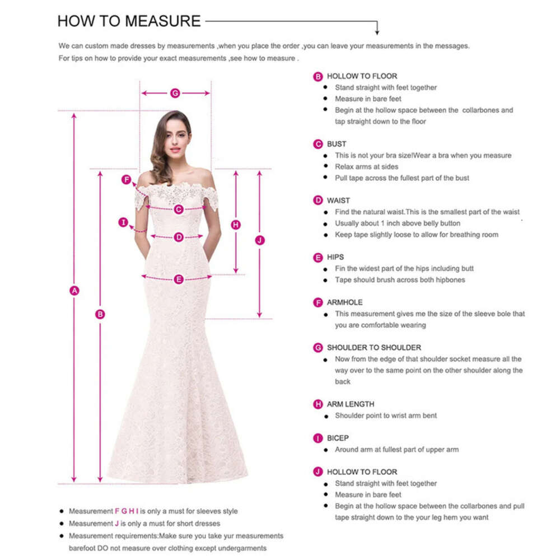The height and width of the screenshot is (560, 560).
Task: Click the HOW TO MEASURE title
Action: pyautogui.click(x=129, y=21)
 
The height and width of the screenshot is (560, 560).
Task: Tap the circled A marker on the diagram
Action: pyautogui.click(x=74, y=290)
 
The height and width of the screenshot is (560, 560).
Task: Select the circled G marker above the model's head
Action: pyautogui.click(x=175, y=93)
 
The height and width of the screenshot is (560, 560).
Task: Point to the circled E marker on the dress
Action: pyautogui.click(x=179, y=279)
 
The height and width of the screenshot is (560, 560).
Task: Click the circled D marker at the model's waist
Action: pyautogui.click(x=179, y=237)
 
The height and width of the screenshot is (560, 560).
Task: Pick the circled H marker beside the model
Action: pyautogui.click(x=236, y=225)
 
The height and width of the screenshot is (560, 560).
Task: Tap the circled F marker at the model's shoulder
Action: pyautogui.click(x=127, y=180)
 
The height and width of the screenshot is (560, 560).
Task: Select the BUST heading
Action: pyautogui.click(x=337, y=144)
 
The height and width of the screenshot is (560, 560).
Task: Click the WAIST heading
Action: pyautogui.click(x=338, y=200)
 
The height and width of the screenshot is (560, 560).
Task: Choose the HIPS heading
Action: pyautogui.click(x=335, y=257)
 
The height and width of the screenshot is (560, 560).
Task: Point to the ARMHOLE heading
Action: pyautogui.click(x=345, y=302)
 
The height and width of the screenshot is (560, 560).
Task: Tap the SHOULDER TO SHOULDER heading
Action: pyautogui.click(x=374, y=348)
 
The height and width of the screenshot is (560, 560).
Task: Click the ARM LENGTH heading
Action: pyautogui.click(x=351, y=404)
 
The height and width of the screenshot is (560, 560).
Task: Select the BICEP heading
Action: pyautogui.click(x=338, y=438)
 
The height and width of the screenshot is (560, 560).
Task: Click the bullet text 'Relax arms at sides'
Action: pyautogui.click(x=367, y=166)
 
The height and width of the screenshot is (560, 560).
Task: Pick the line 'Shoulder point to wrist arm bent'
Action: pyautogui.click(x=386, y=416)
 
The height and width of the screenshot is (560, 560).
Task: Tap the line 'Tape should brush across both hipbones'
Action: pyautogui.click(x=400, y=279)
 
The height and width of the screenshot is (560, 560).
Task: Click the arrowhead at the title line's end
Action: pyautogui.click(x=377, y=31)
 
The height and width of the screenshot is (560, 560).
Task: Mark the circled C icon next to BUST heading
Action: pyautogui.click(x=318, y=144)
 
